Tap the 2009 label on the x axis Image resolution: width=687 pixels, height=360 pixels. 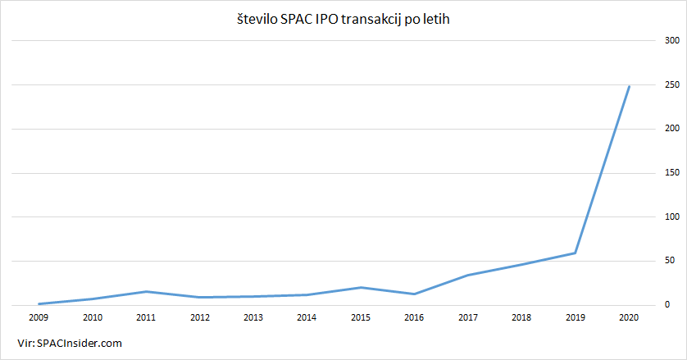point(39,317)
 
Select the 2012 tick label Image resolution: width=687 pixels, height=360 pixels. point(199,317)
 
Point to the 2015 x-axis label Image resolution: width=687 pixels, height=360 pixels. point(361,317)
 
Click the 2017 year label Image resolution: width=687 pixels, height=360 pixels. point(468,317)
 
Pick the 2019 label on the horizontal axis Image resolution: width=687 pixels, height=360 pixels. point(576,317)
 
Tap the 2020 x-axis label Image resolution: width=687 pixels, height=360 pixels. point(629,317)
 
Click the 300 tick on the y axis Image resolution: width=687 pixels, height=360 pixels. point(671,40)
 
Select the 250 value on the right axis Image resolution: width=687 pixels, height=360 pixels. point(671,84)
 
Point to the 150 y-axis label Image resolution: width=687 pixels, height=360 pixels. point(671,173)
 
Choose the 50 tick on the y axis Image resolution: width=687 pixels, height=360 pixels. point(671,261)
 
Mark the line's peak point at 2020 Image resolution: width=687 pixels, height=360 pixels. point(629,86)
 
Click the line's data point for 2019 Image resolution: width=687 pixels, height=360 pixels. point(576,253)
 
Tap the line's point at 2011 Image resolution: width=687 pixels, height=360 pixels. point(146,291)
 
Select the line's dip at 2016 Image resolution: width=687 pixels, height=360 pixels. point(414,294)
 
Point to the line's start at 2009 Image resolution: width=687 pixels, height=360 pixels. point(39,303)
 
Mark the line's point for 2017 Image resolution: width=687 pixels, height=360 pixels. point(468,275)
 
